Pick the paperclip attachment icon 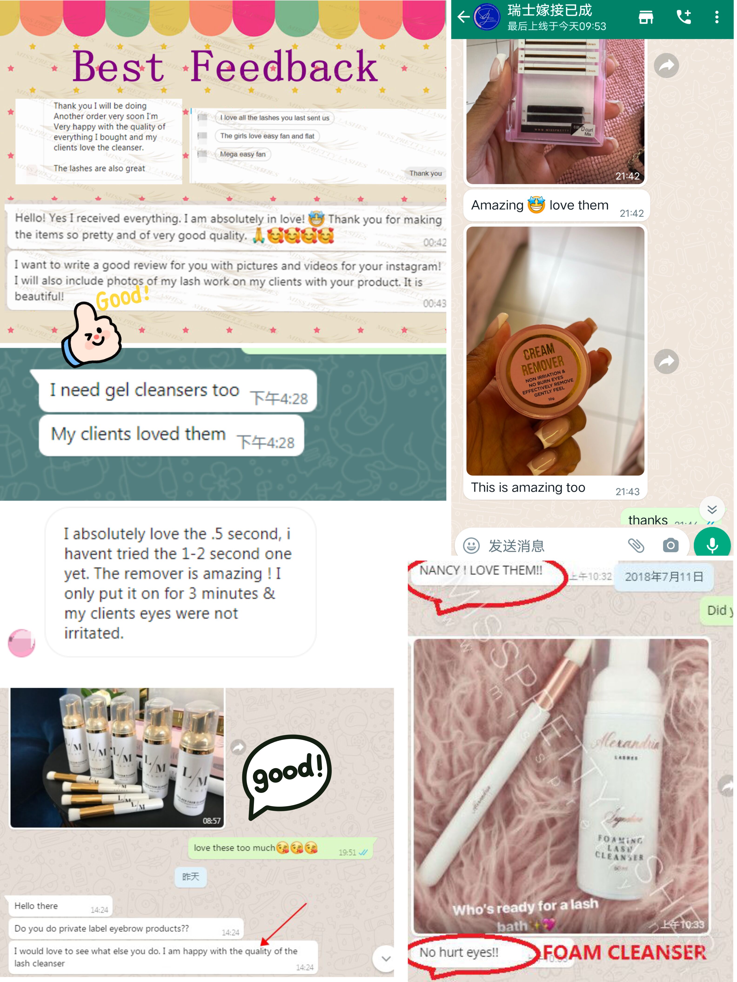[636, 545]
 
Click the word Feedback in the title [284, 66]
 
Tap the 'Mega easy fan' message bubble [243, 154]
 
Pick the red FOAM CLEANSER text [624, 952]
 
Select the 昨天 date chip [191, 877]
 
